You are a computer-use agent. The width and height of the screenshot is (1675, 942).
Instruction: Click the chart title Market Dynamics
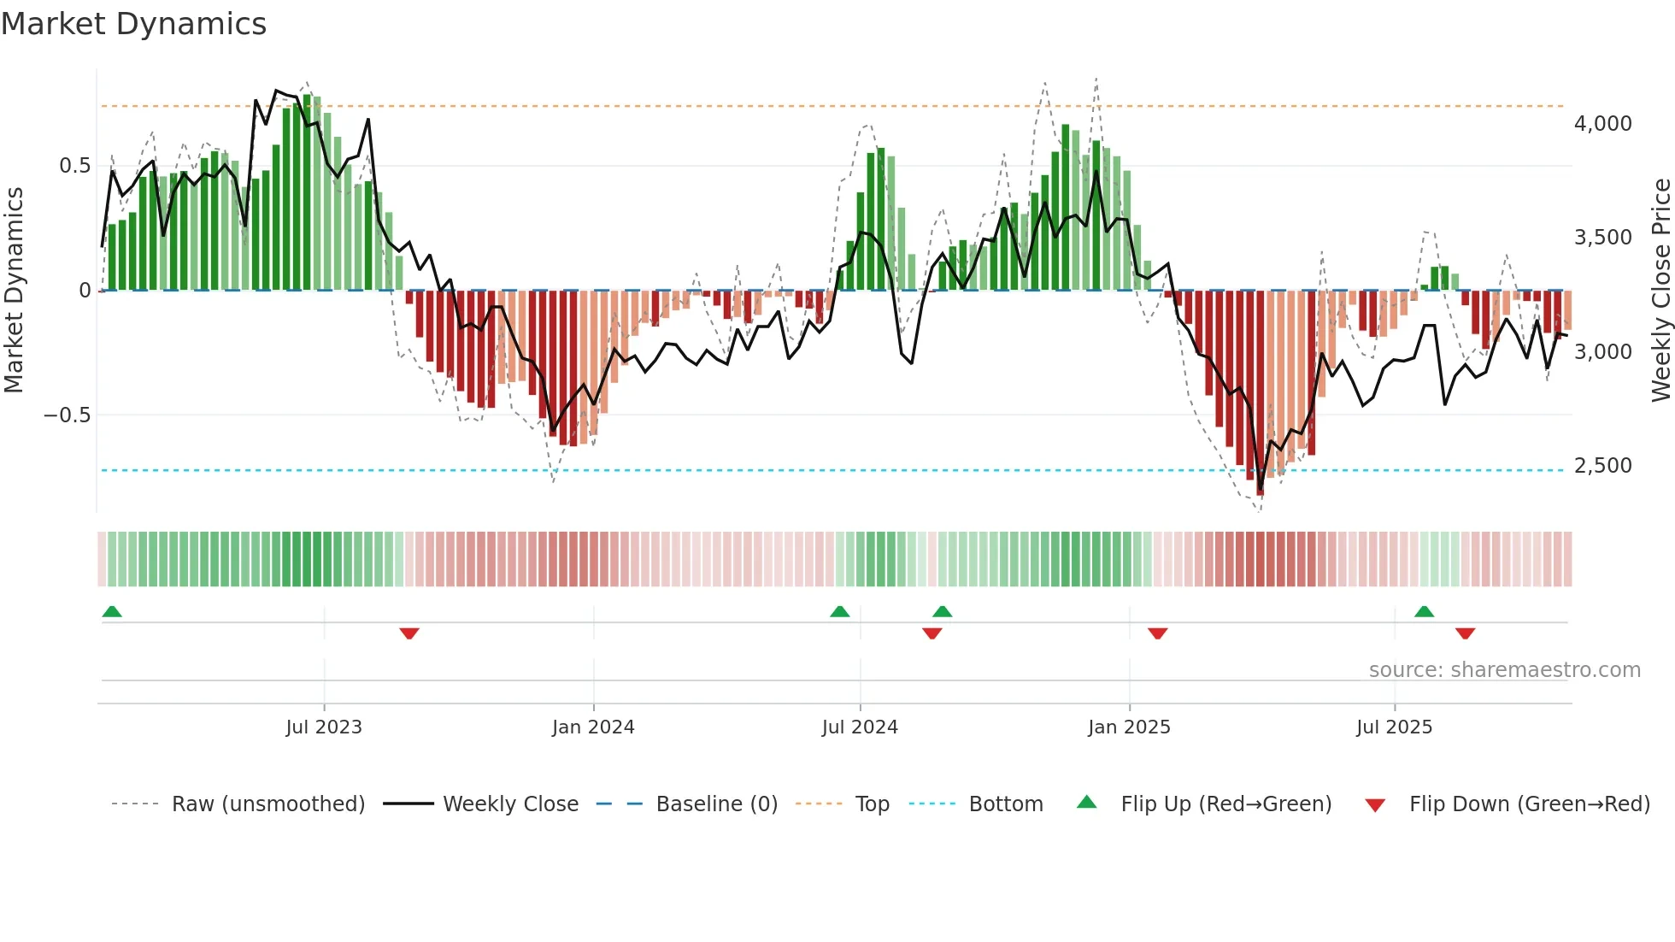coord(133,24)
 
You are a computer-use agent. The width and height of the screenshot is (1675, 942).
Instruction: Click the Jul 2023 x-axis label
coord(324,727)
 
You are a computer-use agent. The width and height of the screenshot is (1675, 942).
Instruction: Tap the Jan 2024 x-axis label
coord(593,727)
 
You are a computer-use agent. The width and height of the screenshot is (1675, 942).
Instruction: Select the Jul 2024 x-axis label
coord(860,727)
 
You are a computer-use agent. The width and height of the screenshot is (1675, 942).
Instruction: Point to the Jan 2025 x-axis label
coord(1129,727)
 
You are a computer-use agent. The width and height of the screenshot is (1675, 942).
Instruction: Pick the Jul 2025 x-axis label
coord(1394,727)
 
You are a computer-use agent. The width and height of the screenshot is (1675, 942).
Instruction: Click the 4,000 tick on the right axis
coord(1602,124)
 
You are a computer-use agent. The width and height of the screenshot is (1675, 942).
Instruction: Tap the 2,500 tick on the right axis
coord(1602,466)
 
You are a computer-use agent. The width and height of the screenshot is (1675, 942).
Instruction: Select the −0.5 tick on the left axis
coord(67,415)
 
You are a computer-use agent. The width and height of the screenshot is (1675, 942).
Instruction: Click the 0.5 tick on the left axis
coord(74,166)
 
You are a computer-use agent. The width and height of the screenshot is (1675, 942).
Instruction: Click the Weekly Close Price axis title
coord(1660,291)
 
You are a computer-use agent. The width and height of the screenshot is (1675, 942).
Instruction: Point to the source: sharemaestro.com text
coord(1504,670)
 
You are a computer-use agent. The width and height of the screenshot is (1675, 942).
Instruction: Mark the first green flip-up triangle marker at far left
coord(112,611)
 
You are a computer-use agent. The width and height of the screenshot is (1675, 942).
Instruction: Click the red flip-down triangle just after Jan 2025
coord(1158,633)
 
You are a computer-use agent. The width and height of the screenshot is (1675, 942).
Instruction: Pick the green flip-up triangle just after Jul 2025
coord(1424,611)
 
